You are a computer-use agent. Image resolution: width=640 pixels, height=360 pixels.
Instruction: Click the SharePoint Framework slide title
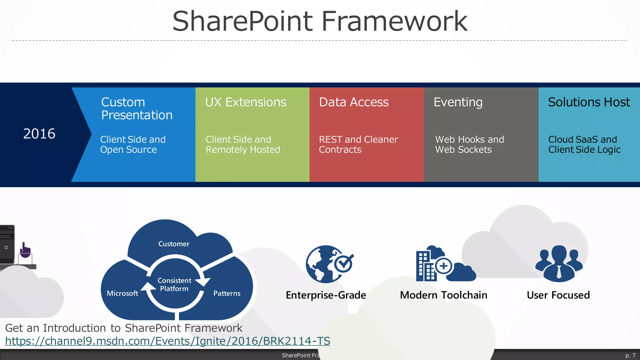[320, 21]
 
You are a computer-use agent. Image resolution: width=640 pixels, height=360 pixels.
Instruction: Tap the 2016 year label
[39, 134]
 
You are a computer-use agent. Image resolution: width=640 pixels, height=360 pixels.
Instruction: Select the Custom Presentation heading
[137, 108]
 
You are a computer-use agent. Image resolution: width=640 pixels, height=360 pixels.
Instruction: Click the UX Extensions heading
[246, 102]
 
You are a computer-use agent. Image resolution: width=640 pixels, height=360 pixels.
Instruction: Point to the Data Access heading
[354, 102]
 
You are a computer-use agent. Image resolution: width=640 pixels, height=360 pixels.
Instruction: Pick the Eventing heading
[458, 102]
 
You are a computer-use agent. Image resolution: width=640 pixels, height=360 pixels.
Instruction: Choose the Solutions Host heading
[589, 102]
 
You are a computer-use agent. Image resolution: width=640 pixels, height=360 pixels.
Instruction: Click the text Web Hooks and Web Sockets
[469, 144]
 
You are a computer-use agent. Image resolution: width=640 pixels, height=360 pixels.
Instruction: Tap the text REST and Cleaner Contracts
[358, 144]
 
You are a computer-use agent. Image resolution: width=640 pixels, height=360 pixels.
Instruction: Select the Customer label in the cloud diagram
[174, 244]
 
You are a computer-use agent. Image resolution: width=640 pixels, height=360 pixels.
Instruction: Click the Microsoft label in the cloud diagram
[122, 293]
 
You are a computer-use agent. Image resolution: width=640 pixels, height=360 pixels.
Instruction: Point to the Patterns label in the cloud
[227, 293]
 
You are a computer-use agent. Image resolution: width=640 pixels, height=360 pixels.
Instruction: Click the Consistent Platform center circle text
[174, 284]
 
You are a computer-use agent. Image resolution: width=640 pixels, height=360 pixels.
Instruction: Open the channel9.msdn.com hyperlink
[167, 341]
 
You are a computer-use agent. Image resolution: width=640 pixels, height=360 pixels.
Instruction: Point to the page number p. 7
[630, 355]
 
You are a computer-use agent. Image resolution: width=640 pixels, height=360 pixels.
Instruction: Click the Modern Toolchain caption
[443, 295]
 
